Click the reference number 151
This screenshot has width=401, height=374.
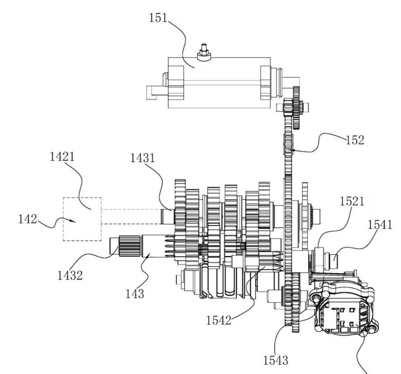click(x=158, y=18)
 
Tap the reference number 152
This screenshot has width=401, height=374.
click(x=355, y=140)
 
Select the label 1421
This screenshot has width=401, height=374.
click(x=62, y=157)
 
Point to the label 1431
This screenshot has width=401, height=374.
click(x=143, y=158)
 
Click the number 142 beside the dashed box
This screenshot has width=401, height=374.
click(x=28, y=219)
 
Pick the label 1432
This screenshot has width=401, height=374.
click(x=70, y=275)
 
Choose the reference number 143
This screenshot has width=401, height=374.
click(x=135, y=293)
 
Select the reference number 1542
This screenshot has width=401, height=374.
click(x=219, y=320)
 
